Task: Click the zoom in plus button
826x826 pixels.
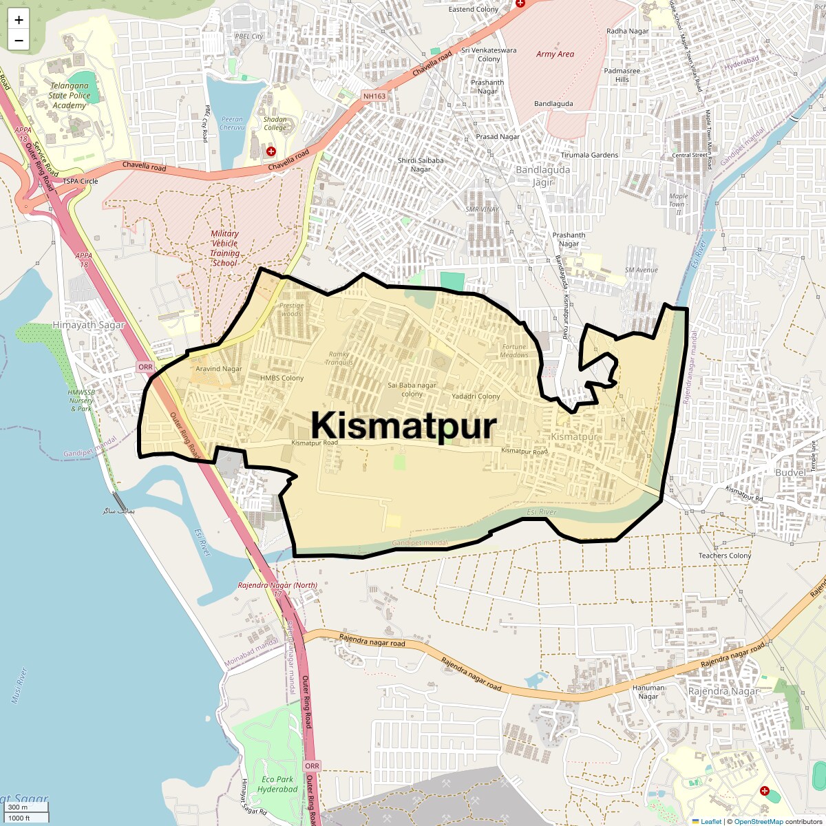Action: point(19,20)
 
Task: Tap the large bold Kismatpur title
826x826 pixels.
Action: point(403,425)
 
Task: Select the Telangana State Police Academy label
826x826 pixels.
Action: point(70,96)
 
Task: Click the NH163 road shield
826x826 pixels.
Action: point(374,96)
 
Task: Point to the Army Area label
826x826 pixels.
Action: point(555,54)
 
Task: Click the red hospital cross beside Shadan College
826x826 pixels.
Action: point(271,151)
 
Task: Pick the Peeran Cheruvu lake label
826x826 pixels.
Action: point(232,123)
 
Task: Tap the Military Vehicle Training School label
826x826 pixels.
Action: point(225,248)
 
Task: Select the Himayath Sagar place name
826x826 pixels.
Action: point(89,325)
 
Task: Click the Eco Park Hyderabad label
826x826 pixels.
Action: point(278,784)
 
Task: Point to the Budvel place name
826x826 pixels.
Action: point(790,473)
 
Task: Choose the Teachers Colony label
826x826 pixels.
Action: point(725,555)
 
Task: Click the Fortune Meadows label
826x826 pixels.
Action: point(514,351)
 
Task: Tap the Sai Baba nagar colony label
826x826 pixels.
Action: point(412,390)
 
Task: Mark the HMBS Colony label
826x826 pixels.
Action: point(282,378)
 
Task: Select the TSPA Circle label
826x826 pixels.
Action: point(81,181)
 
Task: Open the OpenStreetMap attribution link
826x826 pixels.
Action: point(758,821)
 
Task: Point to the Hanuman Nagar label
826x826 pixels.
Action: point(648,692)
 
